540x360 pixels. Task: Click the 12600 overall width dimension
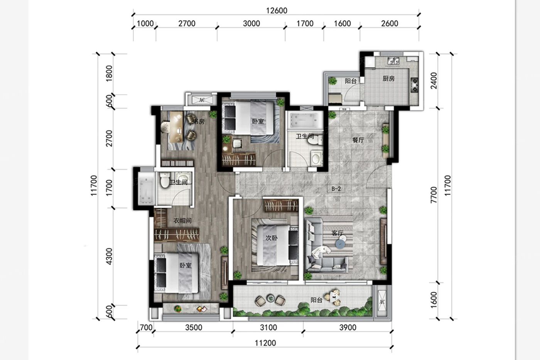click(x=277, y=10)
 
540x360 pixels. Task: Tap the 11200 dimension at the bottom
click(x=265, y=343)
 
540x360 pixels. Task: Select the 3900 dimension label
click(x=348, y=328)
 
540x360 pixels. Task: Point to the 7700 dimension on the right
click(x=434, y=195)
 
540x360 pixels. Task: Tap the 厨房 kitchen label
click(x=388, y=79)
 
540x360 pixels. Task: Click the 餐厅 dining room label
click(x=358, y=140)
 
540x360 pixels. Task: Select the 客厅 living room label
click(x=337, y=233)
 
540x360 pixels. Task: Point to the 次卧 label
click(x=272, y=238)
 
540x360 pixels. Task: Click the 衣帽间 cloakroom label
click(x=182, y=221)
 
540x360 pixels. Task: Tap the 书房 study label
click(x=199, y=122)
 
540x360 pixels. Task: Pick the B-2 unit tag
click(x=336, y=189)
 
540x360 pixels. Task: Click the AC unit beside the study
click(x=202, y=100)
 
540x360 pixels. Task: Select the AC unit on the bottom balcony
click(x=382, y=302)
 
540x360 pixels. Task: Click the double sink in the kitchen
click(x=393, y=61)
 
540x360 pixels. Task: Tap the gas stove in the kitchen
click(x=414, y=85)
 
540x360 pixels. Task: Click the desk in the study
click(x=177, y=126)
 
